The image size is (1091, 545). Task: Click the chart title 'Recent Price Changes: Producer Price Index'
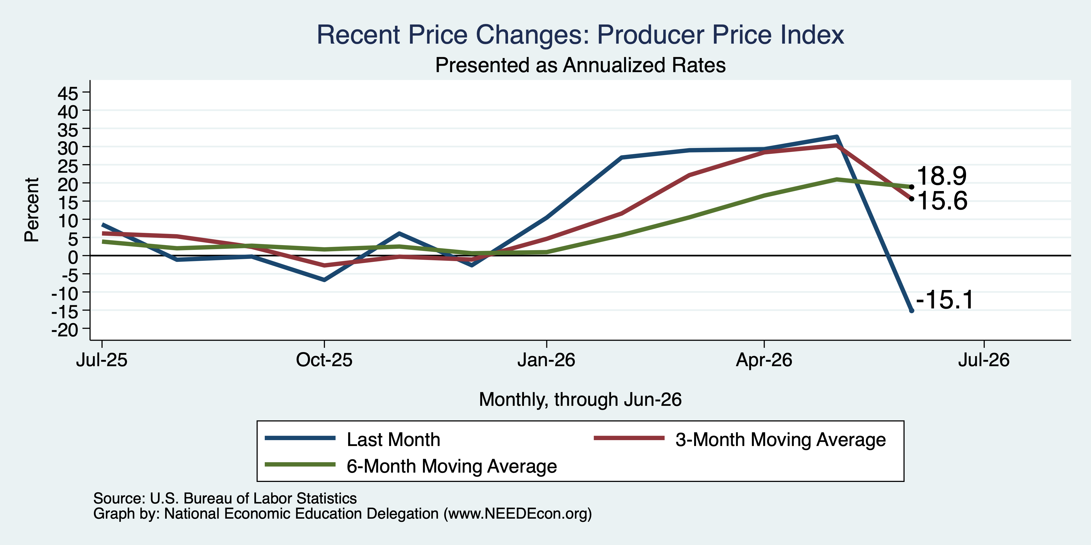pos(580,34)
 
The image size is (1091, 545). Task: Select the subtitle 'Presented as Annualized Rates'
pos(580,65)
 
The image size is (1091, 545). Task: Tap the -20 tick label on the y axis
pos(65,330)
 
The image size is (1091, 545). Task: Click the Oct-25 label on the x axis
pos(324,360)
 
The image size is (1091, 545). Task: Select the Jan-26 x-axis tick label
pos(546,360)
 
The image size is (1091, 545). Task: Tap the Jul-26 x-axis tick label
pos(983,360)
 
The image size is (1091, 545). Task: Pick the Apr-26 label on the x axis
pos(764,360)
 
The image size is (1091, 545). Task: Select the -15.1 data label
pos(945,300)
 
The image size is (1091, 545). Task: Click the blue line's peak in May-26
pos(836,137)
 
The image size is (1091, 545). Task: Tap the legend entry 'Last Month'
pos(393,440)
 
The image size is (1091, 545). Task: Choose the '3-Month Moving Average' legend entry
pos(780,440)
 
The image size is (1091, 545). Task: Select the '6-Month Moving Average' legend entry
pos(451,466)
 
